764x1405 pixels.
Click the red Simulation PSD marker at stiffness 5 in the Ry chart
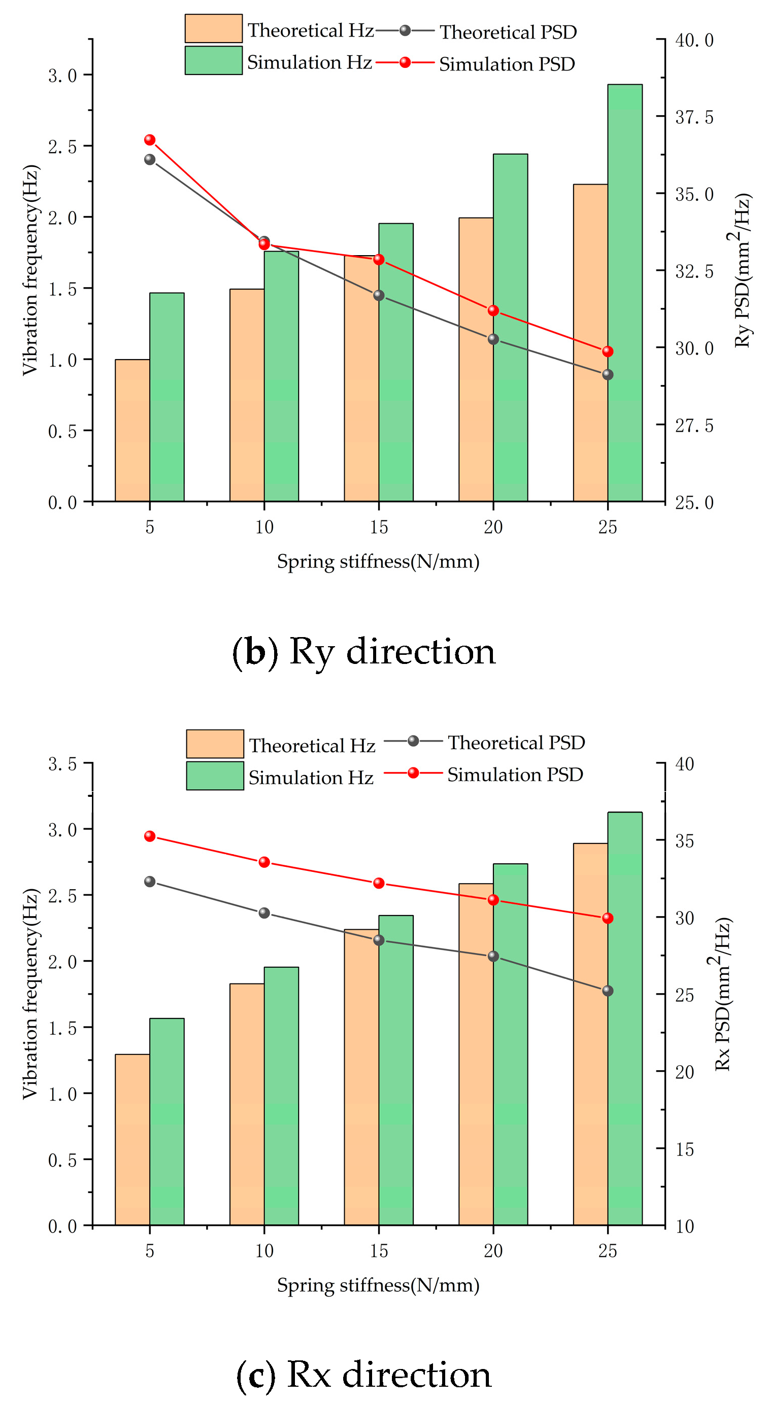coord(150,140)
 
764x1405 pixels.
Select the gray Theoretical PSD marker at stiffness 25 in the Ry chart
coord(607,375)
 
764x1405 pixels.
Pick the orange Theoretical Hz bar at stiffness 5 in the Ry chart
coord(132,430)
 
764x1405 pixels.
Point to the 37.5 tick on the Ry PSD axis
coord(693,117)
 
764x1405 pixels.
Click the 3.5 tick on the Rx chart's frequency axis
coord(62,764)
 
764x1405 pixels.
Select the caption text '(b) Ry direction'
coord(364,651)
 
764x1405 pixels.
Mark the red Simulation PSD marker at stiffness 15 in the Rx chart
coord(379,883)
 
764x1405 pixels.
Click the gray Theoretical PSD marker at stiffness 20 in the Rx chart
coord(493,956)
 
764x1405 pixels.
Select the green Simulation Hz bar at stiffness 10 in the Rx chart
coord(281,1096)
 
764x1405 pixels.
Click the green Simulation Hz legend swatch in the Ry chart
coord(213,60)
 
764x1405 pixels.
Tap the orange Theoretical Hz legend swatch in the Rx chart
coord(214,744)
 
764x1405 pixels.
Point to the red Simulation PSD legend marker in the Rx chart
coord(413,773)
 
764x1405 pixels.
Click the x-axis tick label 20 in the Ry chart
coord(493,527)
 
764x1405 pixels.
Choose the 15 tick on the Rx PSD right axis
coord(684,1149)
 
